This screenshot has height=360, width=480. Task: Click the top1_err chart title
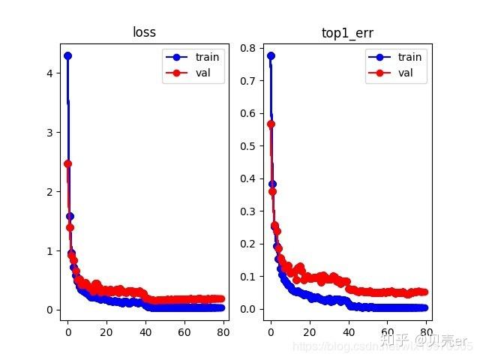[x=346, y=32]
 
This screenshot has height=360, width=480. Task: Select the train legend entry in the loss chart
[x=202, y=57]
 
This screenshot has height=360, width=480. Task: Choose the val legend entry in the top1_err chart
[x=402, y=73]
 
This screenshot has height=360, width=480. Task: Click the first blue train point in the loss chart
[x=67, y=55]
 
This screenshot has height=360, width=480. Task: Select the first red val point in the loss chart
[x=67, y=163]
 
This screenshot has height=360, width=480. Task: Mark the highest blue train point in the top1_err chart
[x=271, y=55]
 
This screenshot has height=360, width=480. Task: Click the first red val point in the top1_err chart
[x=271, y=124]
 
